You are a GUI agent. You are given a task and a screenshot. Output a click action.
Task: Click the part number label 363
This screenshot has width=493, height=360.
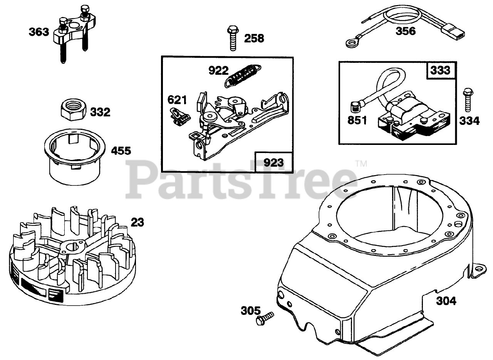pyautogui.click(x=39, y=32)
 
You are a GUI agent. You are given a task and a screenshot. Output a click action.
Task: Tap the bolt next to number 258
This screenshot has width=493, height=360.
pyautogui.click(x=232, y=38)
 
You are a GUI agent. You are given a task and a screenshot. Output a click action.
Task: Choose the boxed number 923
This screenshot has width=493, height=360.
pyautogui.click(x=273, y=162)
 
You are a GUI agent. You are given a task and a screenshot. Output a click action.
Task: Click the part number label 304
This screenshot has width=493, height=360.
pyautogui.click(x=446, y=301)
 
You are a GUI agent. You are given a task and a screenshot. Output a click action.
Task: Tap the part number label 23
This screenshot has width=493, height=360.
pyautogui.click(x=137, y=222)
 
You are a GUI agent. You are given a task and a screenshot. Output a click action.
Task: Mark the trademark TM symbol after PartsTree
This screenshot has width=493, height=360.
pyautogui.click(x=361, y=164)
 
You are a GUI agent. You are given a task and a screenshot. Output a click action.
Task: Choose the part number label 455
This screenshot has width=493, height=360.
pyautogui.click(x=121, y=151)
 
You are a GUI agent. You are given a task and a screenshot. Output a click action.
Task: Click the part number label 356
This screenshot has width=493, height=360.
pyautogui.click(x=406, y=31)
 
